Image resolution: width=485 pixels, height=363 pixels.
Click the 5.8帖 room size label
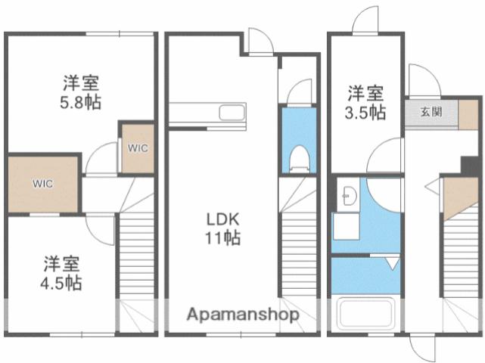79,101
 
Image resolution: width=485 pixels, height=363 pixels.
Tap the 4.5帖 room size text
62,284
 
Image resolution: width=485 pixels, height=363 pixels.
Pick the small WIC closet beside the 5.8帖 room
138,147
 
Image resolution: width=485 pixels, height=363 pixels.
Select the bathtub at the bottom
366,313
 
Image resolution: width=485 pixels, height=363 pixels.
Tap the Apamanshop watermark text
243,314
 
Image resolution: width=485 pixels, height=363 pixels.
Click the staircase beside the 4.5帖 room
137,257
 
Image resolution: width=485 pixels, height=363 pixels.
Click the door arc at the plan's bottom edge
424,346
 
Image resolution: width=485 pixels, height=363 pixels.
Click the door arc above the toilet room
300,91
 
